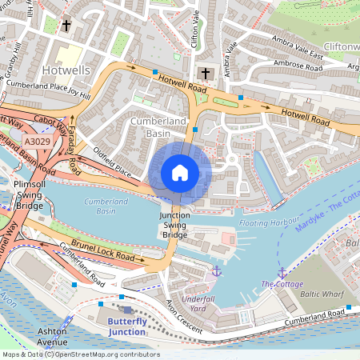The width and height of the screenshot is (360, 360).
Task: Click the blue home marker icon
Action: [x=179, y=172]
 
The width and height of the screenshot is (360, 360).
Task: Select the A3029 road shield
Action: [x=37, y=141]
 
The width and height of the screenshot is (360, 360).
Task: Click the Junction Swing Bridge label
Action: [x=175, y=226]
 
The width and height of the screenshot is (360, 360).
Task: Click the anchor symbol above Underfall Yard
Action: [x=216, y=272]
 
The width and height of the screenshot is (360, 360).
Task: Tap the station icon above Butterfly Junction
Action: [x=126, y=309]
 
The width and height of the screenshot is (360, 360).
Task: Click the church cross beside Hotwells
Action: [x=66, y=26]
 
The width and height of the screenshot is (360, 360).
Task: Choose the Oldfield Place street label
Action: [x=112, y=169]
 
